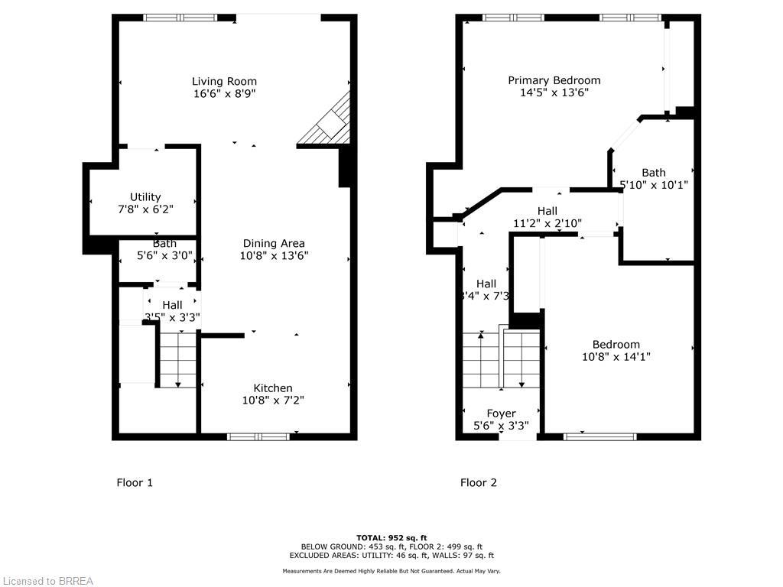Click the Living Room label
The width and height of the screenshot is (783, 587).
coord(224,81)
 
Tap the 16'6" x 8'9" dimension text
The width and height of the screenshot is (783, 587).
coord(224,94)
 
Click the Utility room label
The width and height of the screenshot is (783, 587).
coord(145,197)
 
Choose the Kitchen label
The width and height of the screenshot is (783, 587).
coord(273,388)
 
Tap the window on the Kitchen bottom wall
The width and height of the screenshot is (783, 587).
coord(258,436)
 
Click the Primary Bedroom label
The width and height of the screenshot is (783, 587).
coord(554,80)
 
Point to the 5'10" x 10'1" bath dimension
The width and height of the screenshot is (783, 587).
coord(654,184)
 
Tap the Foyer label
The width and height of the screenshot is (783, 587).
coord(502,413)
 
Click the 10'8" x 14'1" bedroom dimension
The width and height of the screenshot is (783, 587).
coord(616,356)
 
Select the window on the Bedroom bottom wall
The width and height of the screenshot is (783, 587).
coord(600,436)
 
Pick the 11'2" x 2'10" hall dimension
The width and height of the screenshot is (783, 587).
coord(547,223)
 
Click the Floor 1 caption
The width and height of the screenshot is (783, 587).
coord(135,482)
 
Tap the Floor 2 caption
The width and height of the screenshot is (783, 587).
coord(479,482)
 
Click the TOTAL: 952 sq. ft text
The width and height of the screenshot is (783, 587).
coord(391,537)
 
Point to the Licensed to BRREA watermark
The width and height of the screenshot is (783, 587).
coord(47,581)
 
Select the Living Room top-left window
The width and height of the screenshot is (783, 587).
coord(180,18)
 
